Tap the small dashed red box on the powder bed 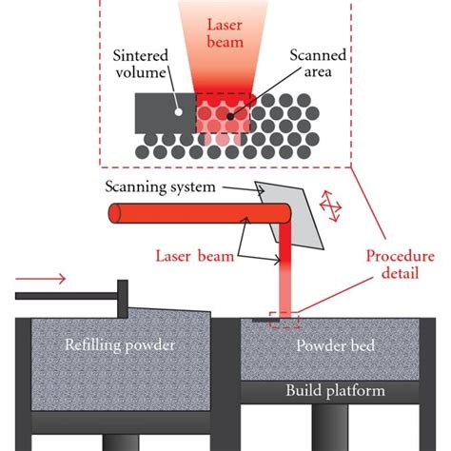point(284,320)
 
